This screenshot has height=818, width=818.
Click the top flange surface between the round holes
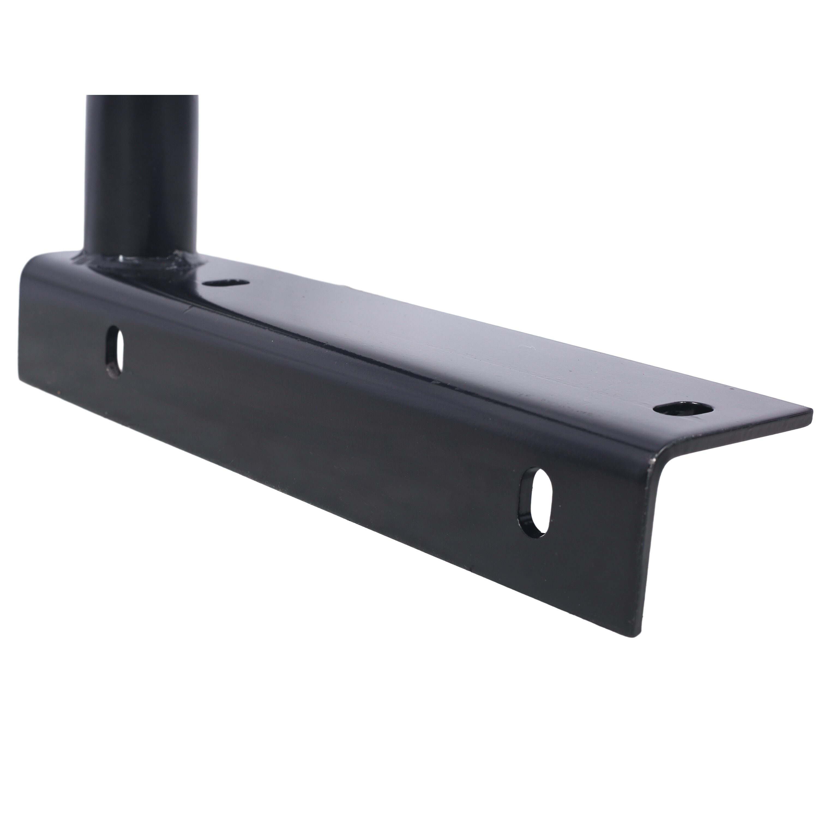coord(444,339)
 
